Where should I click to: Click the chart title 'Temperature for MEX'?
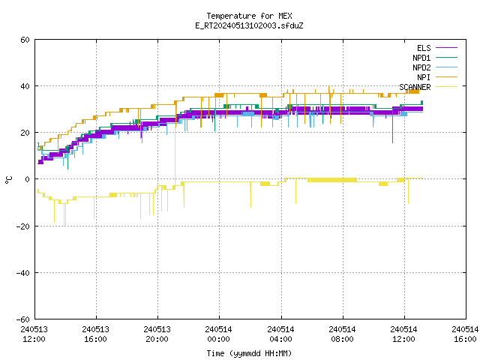pos(249,16)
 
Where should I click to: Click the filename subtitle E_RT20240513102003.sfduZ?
pos(249,25)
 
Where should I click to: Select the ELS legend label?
pos(424,48)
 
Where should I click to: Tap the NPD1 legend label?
pos(421,58)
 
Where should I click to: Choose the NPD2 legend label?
pos(421,67)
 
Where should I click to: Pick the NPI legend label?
pos(424,77)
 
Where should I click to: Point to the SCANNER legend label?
pos(415,87)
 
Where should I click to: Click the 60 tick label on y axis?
pos(25,40)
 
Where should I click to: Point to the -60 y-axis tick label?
pos(23,319)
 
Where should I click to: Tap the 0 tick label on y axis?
pos(28,179)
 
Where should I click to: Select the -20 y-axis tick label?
pos(23,226)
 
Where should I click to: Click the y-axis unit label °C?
pos(9,180)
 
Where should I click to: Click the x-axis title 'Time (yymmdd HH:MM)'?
pos(249,353)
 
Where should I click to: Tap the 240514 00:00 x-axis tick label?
pos(218,334)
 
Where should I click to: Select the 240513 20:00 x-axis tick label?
pos(157,334)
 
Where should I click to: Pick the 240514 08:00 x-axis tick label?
pos(342,334)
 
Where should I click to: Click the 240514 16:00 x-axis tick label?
pos(465,334)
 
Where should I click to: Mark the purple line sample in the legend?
pos(446,48)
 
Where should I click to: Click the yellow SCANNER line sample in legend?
pos(446,87)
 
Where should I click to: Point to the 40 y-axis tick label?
pos(25,86)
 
